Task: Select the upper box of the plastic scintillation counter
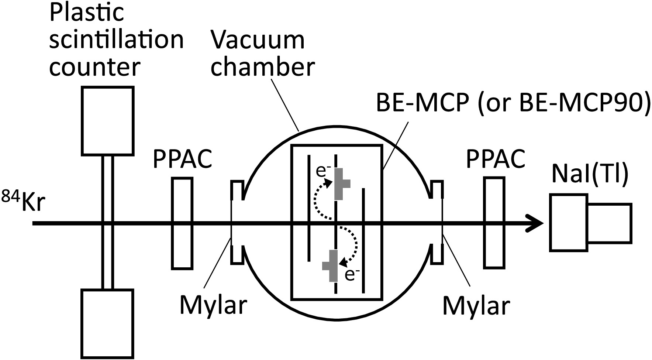click(x=107, y=120)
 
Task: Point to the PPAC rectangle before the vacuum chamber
click(x=182, y=223)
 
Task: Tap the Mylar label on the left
click(x=213, y=305)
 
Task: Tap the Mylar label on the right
click(x=476, y=305)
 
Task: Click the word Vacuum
click(x=258, y=41)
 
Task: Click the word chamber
click(x=263, y=67)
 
